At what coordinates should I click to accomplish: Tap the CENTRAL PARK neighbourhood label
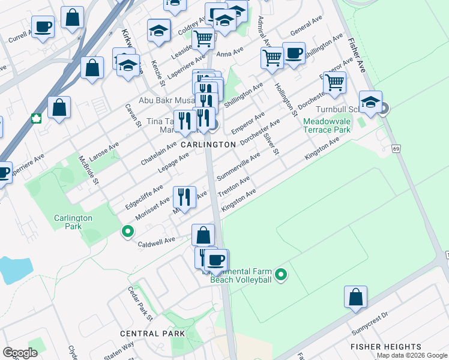(x=152, y=334)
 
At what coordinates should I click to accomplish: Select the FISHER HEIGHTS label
(x=386, y=347)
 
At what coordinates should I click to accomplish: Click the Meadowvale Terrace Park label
(x=327, y=125)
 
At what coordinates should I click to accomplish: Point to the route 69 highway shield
(x=396, y=148)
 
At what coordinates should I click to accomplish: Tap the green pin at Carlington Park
(x=127, y=230)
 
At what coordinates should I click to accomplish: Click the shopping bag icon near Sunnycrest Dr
(x=355, y=296)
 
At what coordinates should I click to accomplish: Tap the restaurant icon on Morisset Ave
(x=184, y=196)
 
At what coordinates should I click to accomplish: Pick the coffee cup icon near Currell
(x=43, y=27)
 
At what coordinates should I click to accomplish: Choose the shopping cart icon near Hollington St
(x=272, y=58)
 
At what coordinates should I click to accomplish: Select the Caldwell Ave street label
(x=156, y=240)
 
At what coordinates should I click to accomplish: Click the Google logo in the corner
(x=20, y=353)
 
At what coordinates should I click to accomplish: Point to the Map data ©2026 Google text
(x=411, y=355)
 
